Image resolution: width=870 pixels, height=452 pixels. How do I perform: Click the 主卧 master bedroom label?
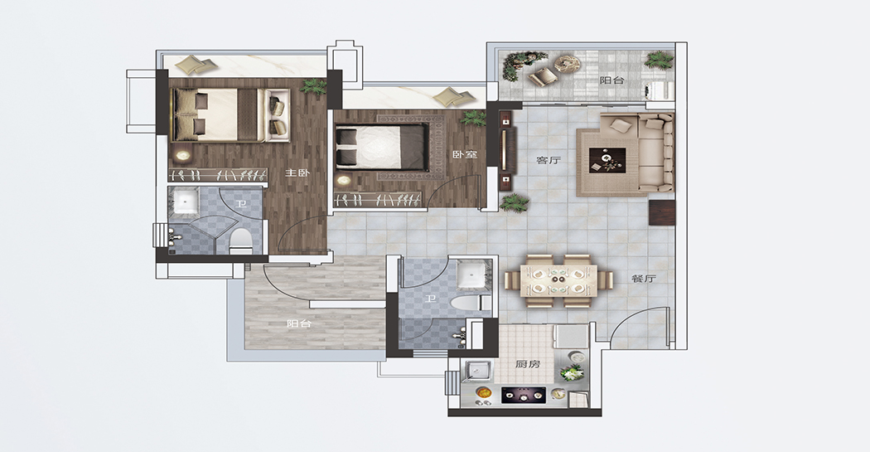pyautogui.click(x=297, y=173)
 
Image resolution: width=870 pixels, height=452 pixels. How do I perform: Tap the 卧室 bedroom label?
pyautogui.click(x=465, y=154)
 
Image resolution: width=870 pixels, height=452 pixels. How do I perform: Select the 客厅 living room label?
pyautogui.click(x=549, y=160)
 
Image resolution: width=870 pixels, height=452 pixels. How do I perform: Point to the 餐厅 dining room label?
pyautogui.click(x=643, y=278)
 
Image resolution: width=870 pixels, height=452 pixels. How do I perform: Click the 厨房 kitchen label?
pyautogui.click(x=527, y=364)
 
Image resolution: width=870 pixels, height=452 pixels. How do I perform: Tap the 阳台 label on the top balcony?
pyautogui.click(x=612, y=80)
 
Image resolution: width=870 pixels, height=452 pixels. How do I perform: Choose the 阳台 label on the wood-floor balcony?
pyautogui.click(x=299, y=323)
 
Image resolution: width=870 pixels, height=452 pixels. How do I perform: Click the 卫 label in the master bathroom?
pyautogui.click(x=240, y=204)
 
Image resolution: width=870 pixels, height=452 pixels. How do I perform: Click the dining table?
pyautogui.click(x=558, y=280)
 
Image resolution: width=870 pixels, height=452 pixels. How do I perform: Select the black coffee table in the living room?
pyautogui.click(x=607, y=160)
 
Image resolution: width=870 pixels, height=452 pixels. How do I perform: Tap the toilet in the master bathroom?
pyautogui.click(x=241, y=240)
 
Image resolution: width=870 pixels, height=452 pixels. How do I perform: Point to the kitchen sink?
pyautogui.click(x=478, y=372)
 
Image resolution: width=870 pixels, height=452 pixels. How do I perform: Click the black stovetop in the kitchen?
pyautogui.click(x=524, y=396)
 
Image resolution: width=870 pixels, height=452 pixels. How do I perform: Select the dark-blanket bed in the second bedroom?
pyautogui.click(x=382, y=147)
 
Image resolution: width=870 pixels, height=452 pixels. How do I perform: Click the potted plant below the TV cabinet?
pyautogui.click(x=515, y=202)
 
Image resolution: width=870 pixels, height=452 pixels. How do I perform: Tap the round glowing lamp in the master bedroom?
pyautogui.click(x=182, y=155)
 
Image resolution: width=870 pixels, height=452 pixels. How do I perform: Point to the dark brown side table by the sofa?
pyautogui.click(x=662, y=212)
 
